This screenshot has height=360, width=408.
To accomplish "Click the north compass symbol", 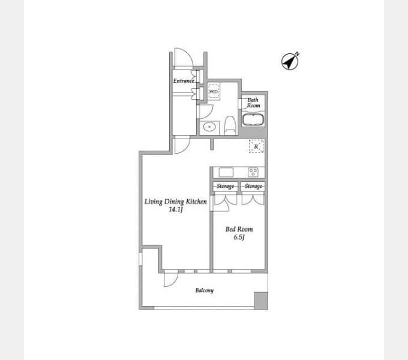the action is tap(290, 62).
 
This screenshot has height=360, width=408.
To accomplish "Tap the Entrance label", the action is tap(184, 80).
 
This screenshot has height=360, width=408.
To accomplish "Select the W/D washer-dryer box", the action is tap(214, 91).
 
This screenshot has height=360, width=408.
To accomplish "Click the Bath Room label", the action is tap(253, 103).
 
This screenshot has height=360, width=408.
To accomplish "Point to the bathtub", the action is tap(253, 119).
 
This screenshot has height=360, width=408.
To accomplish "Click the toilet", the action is tap(230, 125).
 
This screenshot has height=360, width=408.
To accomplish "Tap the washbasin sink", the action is tap(209, 127).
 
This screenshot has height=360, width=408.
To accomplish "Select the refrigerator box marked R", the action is tap(256, 146).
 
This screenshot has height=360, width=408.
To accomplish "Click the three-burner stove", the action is tap(253, 172).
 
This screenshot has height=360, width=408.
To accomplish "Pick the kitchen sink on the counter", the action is tap(226, 172).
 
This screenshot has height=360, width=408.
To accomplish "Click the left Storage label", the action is tap(226, 186).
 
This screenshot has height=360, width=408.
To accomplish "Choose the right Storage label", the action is tap(253, 186).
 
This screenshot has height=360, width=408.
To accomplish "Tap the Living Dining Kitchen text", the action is tap(176, 202).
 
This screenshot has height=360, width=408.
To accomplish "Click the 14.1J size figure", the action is tap(176, 209).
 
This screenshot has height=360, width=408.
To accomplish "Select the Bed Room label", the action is tap(239, 229).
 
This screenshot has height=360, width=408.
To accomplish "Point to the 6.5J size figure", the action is tap(239, 237).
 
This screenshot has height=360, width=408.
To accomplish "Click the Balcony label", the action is tap(205, 290).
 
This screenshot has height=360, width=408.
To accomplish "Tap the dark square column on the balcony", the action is tap(261, 301).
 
